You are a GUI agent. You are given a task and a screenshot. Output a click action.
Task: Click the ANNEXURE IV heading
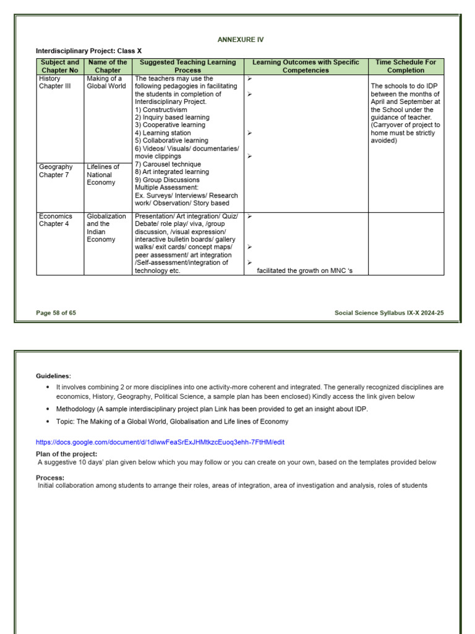[x=241, y=40]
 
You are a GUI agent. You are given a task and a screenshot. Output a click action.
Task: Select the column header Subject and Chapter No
[x=59, y=66]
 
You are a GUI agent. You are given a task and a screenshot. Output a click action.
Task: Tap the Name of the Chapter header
[x=108, y=66]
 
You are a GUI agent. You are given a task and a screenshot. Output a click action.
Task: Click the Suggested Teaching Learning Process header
[x=187, y=66]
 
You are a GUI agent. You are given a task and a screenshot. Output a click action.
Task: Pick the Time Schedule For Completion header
[x=406, y=66]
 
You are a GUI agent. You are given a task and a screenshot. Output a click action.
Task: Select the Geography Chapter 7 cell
[x=56, y=171]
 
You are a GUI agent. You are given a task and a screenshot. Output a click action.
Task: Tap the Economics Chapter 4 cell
[x=55, y=220]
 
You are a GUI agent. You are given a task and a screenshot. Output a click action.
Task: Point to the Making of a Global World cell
[x=106, y=82]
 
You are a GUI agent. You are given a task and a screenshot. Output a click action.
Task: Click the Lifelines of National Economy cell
[x=103, y=175]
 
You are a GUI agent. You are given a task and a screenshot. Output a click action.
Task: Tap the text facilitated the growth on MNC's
[x=304, y=271]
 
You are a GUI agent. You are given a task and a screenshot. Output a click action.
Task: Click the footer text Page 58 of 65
[x=56, y=313]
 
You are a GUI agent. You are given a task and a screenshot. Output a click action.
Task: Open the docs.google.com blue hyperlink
[x=160, y=442]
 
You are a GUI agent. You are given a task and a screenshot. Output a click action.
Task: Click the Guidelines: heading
[x=53, y=376]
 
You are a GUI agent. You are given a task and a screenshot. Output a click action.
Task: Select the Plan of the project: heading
[x=66, y=454]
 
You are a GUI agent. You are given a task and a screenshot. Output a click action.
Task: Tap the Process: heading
[x=50, y=477]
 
